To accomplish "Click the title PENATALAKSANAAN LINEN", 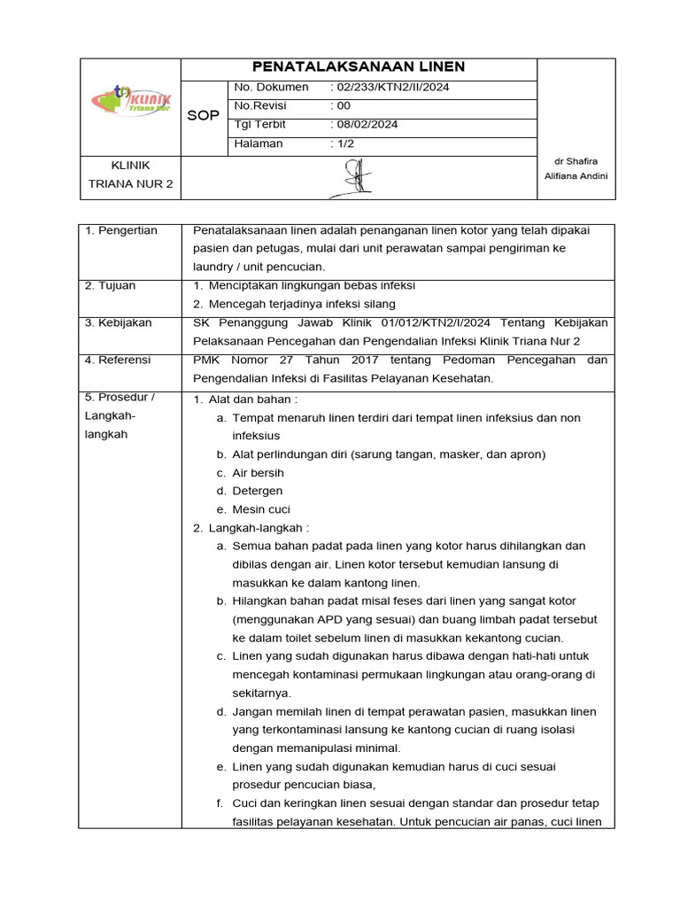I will pos(359,67).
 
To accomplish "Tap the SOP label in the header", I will pos(204,116).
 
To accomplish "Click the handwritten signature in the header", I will pos(358,176).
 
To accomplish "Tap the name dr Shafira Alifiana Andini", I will pos(576,168).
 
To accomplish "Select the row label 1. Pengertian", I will pos(120,230).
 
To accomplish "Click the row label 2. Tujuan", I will pos(111,286).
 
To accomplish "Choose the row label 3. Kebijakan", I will pos(118,322).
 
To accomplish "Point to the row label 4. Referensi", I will pos(118,360).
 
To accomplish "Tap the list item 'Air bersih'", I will pos(258,473).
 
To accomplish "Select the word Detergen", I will pos(258,491).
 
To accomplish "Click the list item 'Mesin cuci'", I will pos(261,509).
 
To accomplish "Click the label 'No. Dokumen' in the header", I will pos(271,87).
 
